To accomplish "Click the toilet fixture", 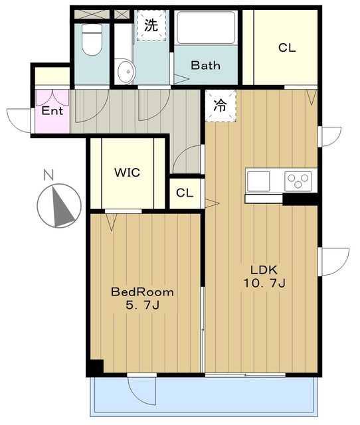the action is (x=92, y=40).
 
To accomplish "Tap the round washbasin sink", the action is (x=126, y=72).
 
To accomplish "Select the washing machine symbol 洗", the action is (x=151, y=25).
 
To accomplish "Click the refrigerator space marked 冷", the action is (x=221, y=106).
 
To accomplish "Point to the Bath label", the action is (x=205, y=65).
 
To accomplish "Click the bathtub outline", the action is (x=206, y=27).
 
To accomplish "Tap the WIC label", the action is (x=127, y=173).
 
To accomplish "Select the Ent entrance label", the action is (x=52, y=111).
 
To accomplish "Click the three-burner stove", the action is (x=298, y=181).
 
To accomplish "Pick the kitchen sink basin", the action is (x=258, y=181).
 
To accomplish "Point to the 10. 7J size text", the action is (x=264, y=284).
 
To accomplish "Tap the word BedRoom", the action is (x=143, y=292).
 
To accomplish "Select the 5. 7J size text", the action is (x=142, y=305).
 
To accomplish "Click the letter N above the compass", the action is (x=48, y=175).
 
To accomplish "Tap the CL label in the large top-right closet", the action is (x=287, y=48).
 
